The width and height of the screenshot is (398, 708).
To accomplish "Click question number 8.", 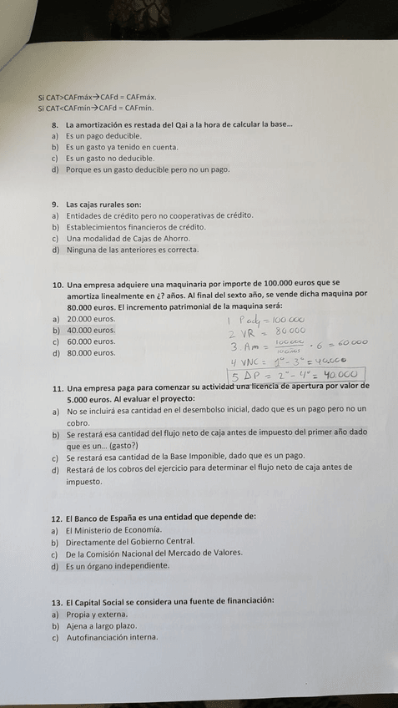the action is click(x=55, y=124).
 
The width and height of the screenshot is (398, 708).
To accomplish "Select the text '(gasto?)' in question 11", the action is click(x=121, y=446).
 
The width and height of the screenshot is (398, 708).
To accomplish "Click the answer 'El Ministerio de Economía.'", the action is click(x=113, y=529).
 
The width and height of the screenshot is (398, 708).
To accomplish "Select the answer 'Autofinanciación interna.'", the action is click(x=111, y=638).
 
